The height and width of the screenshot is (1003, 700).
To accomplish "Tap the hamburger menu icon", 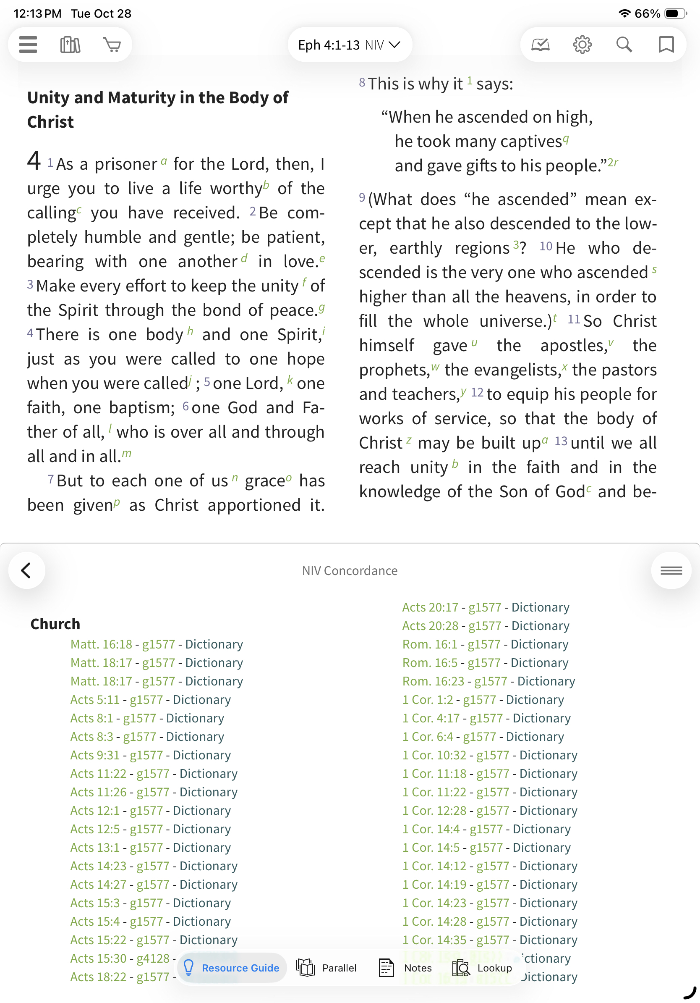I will coord(29,45).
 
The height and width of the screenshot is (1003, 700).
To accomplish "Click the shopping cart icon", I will coord(112,45).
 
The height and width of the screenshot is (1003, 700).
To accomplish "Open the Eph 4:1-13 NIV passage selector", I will coord(349,45).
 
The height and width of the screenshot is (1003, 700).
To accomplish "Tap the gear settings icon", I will coord(582,45).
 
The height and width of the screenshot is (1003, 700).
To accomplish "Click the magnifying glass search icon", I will coord(624,45).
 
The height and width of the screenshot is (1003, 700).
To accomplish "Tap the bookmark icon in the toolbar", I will coord(666,45).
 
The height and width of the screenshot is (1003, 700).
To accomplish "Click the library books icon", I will coord(70,45).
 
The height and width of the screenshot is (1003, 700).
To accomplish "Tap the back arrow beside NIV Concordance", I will coord(26,570).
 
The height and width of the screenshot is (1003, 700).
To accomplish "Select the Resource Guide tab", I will coord(232,968).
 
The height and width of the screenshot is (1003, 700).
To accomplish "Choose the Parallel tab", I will coord(327,968).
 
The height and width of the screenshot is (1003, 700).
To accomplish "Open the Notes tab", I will coord(405,968).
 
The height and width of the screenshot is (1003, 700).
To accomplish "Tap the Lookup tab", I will coord(482,968).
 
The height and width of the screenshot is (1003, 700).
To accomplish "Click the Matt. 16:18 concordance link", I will coord(101,644).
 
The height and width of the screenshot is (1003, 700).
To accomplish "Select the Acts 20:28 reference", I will coord(430,625).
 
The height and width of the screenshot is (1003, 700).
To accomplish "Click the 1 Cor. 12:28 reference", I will coord(434,810).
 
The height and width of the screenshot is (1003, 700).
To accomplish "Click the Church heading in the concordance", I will coord(55,624).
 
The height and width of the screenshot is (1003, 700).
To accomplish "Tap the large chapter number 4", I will coord(34,161).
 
